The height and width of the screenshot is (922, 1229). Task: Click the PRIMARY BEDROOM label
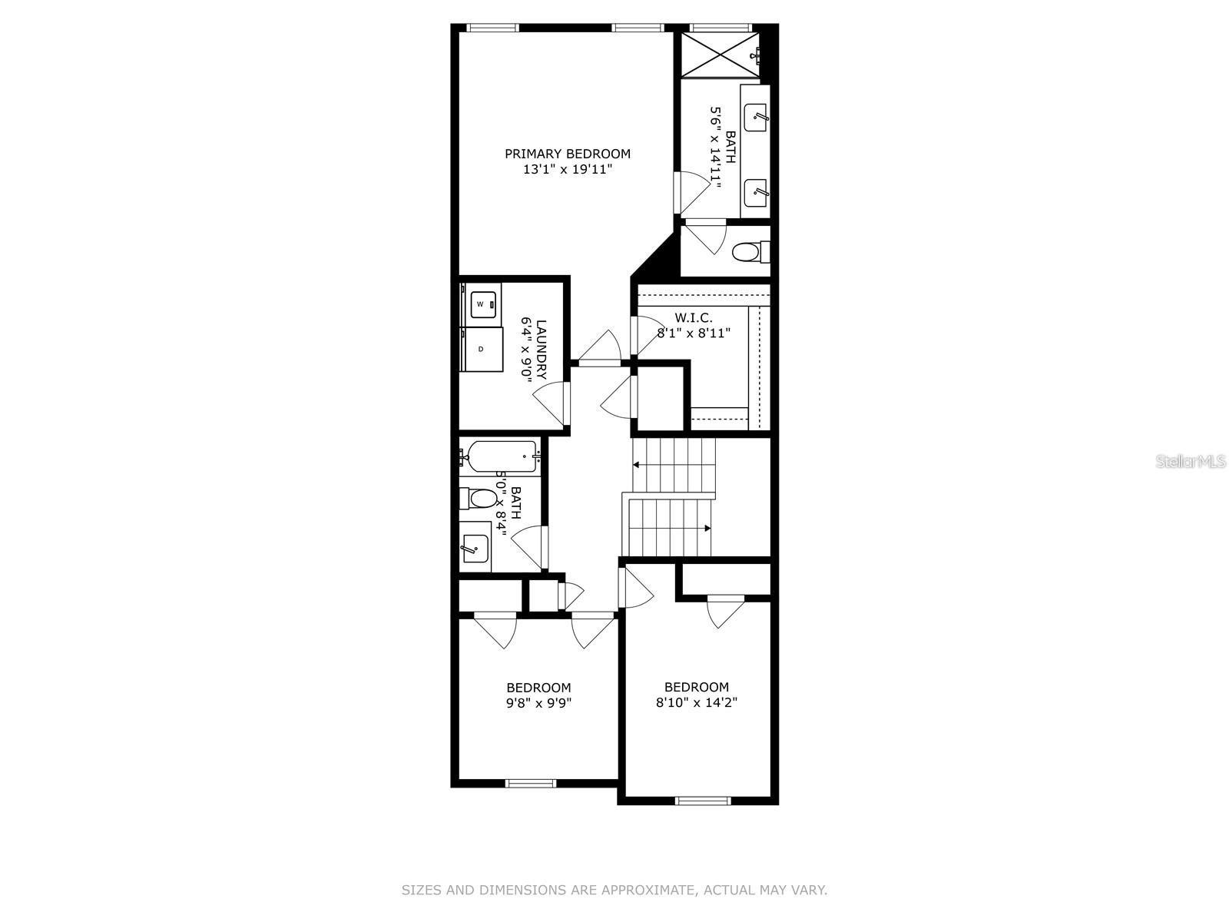coord(567,154)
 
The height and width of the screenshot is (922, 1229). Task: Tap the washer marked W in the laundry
coord(481,304)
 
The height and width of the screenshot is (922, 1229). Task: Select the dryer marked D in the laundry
coord(482,350)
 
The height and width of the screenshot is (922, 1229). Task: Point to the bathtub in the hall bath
coord(499,456)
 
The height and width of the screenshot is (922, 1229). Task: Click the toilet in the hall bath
coord(479,499)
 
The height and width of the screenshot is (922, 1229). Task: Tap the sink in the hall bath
coord(475,546)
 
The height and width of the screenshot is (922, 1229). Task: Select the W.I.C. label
coord(694,317)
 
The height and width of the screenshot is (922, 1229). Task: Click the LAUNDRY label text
coord(542,350)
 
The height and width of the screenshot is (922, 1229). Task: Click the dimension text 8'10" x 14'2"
coord(697,702)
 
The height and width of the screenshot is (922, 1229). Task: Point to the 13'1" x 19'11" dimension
coord(567,170)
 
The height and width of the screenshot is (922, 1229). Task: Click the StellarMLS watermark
coord(1191,462)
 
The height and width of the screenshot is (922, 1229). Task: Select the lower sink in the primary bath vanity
coord(758,190)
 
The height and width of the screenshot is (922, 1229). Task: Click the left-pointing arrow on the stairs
coord(638,465)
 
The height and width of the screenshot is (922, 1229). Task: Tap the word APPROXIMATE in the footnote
coord(648,890)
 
